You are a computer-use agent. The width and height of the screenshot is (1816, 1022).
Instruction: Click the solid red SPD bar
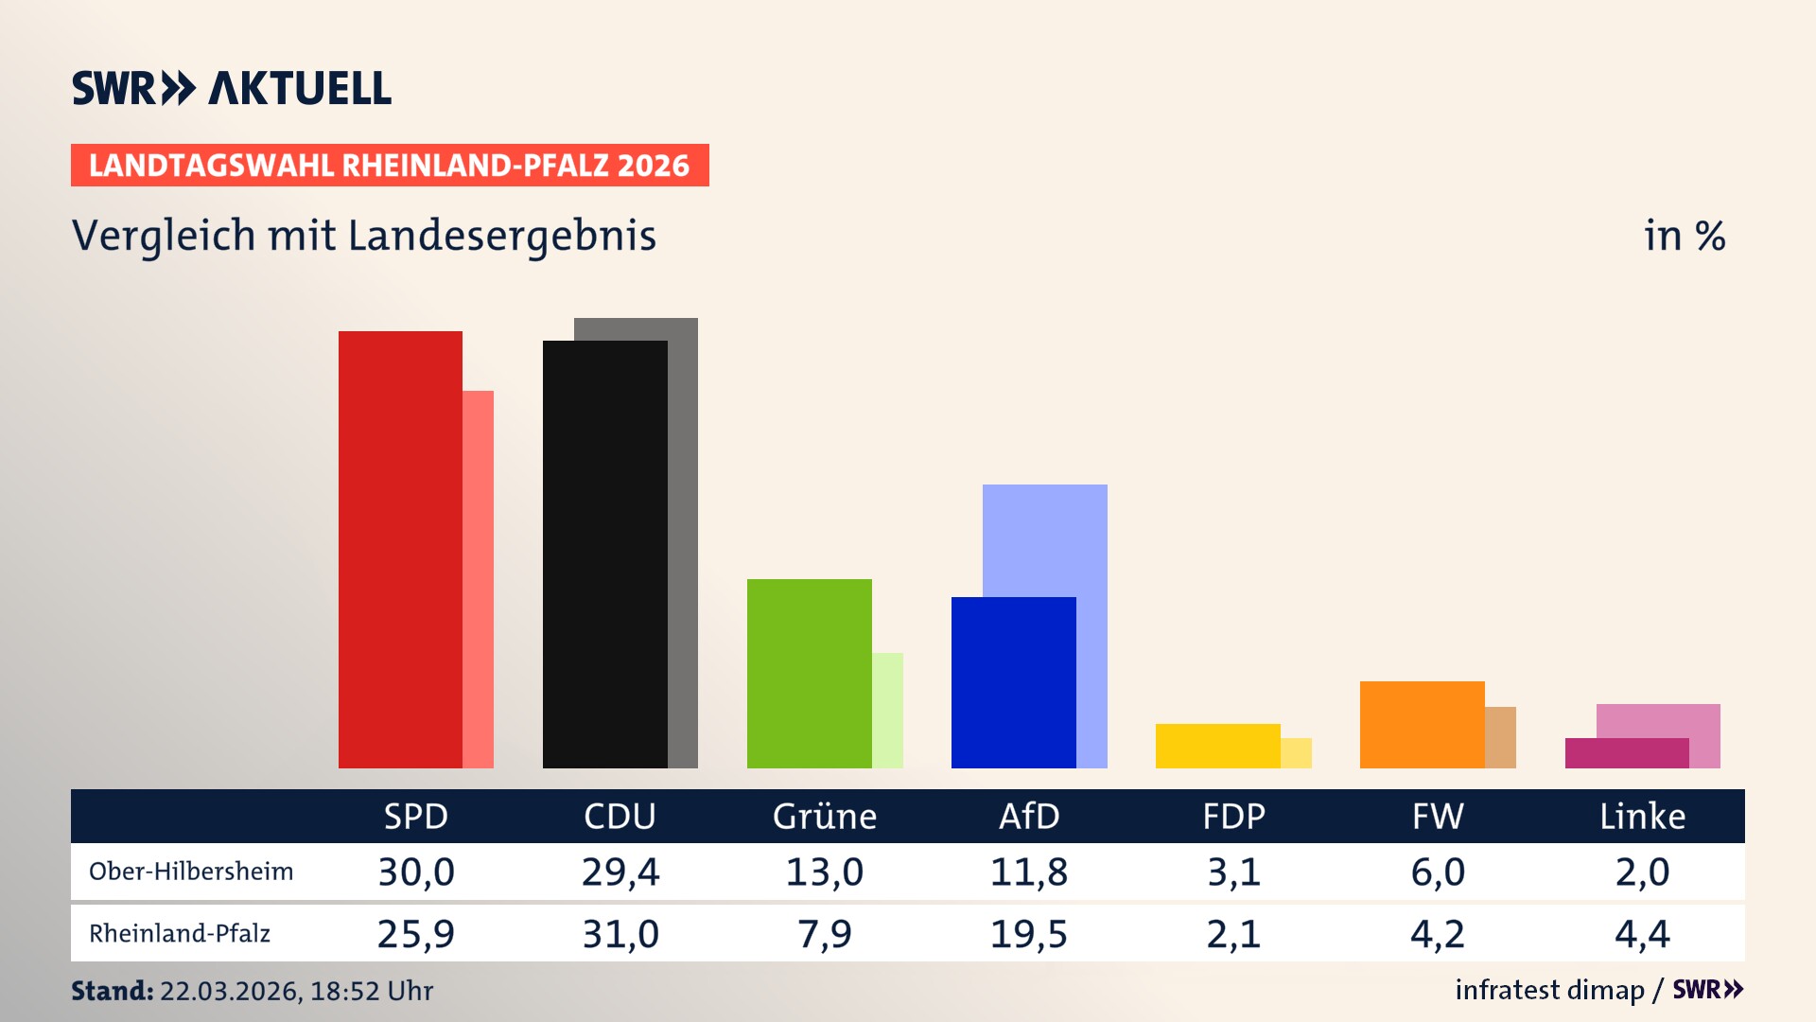[400, 549]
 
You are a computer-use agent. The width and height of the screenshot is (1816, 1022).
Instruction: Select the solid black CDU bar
[604, 554]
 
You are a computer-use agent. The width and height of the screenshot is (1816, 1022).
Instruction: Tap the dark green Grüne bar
[809, 673]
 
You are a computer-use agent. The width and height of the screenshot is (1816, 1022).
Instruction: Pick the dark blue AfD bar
[1013, 682]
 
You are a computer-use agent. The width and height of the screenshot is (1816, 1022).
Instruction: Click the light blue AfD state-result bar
[1045, 539]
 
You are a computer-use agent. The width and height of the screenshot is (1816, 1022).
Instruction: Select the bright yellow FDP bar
[1217, 746]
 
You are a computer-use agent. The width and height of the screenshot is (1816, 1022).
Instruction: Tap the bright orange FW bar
[1422, 724]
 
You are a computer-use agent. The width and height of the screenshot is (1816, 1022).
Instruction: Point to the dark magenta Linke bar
[1627, 753]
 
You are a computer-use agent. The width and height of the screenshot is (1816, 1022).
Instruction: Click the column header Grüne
[824, 816]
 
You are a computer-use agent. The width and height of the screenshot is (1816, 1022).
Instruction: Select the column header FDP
[1233, 816]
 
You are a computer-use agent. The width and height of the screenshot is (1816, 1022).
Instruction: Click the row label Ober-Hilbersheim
[191, 872]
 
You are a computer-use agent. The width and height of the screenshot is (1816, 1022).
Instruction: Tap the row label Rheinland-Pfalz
[180, 934]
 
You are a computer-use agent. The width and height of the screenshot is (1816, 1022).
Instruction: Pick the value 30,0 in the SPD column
[416, 872]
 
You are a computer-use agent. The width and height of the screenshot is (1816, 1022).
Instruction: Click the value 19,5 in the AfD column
[1029, 934]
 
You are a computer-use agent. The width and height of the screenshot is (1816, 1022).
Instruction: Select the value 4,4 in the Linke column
[1642, 934]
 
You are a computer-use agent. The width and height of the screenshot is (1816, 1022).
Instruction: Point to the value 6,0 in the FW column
[1438, 872]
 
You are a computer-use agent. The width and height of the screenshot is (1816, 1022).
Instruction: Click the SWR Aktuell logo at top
[232, 88]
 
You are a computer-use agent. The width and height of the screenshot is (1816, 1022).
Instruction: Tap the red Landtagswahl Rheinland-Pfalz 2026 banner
[390, 166]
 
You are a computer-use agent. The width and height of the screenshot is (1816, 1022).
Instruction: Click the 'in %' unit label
[1684, 236]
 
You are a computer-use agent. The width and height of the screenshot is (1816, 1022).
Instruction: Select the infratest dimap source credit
[1549, 990]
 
